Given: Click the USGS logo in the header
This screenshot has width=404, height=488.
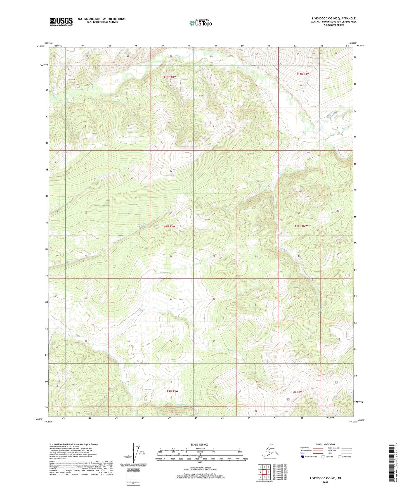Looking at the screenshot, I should click(61, 22).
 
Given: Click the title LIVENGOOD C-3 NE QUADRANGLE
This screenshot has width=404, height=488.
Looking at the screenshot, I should click(334, 18).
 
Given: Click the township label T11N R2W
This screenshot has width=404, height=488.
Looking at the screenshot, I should click(303, 74).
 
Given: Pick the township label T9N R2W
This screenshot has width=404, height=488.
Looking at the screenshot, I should click(297, 392).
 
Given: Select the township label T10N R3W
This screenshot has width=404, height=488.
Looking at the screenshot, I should click(169, 226).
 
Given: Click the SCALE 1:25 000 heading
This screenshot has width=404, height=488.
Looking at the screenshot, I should click(200, 444).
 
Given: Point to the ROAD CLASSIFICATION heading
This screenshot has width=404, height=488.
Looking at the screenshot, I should click(326, 444).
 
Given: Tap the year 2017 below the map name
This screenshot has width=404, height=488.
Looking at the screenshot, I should click(325, 482).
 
